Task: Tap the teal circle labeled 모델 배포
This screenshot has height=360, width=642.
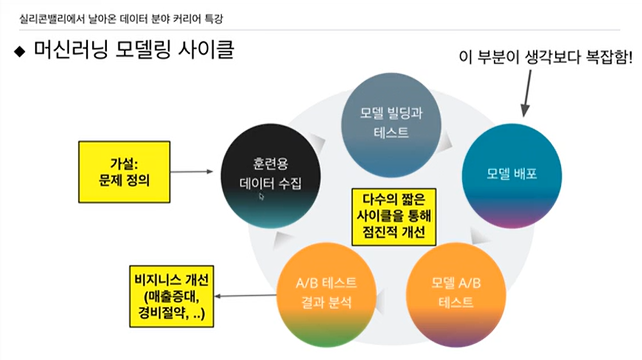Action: tap(512, 174)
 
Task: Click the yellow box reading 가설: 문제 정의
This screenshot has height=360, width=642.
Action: tap(124, 172)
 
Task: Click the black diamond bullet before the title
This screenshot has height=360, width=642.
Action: tap(20, 51)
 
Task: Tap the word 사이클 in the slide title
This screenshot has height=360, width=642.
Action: tap(208, 51)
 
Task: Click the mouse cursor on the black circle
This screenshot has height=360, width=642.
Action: tap(261, 196)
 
